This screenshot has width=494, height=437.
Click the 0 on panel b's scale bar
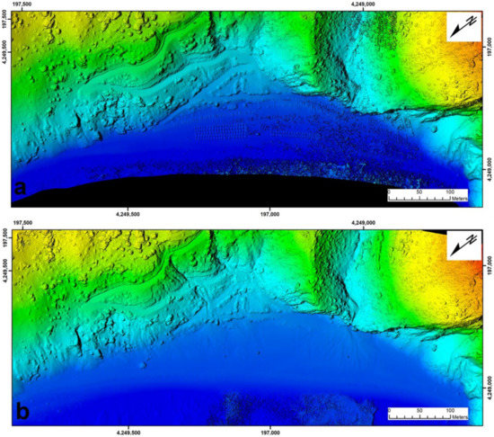(389, 410)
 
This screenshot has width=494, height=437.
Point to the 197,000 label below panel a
(271, 214)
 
